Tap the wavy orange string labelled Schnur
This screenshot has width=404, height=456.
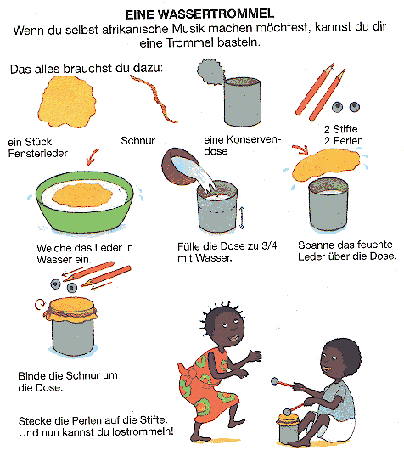(x=154, y=98)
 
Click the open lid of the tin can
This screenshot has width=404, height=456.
(x=211, y=71)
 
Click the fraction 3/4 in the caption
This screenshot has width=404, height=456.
(x=269, y=245)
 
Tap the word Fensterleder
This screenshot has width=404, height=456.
(x=38, y=153)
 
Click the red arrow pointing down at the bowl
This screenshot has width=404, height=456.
(x=93, y=156)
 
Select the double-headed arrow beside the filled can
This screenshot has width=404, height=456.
(x=242, y=218)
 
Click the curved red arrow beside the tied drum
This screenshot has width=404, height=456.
(x=39, y=305)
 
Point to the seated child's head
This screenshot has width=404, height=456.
(x=340, y=358)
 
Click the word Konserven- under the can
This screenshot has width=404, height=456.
(x=243, y=140)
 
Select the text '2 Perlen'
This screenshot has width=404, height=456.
(x=344, y=141)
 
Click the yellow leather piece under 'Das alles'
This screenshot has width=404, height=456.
(x=67, y=101)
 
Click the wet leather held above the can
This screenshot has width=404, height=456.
(x=326, y=163)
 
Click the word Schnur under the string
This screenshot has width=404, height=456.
(x=138, y=141)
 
